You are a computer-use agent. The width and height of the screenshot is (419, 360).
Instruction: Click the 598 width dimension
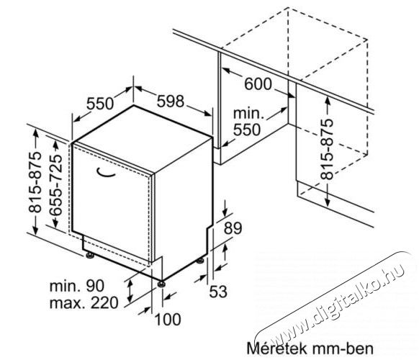(170, 101)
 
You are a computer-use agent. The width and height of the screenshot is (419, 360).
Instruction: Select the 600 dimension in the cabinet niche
(258, 84)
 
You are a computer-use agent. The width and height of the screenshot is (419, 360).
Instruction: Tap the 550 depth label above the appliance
(100, 104)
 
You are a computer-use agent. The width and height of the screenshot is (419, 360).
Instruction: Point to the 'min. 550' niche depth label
(248, 122)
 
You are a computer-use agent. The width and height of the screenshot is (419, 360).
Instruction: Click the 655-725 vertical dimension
(56, 185)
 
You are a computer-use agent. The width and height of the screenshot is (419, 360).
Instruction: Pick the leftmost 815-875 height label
(35, 182)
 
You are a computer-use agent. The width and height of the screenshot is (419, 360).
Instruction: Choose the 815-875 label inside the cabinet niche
(328, 149)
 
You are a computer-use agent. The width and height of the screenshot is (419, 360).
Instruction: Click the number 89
(233, 228)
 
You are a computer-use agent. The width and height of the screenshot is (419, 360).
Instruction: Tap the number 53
(218, 292)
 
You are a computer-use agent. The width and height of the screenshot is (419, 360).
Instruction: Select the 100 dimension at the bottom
(168, 320)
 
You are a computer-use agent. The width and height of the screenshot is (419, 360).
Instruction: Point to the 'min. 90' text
(77, 286)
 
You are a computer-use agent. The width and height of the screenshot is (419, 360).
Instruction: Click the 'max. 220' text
(84, 303)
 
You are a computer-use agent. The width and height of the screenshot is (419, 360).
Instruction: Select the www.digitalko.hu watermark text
(336, 300)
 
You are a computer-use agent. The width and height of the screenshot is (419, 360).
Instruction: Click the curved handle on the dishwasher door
(105, 173)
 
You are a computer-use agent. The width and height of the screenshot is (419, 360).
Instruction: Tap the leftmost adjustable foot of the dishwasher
(89, 255)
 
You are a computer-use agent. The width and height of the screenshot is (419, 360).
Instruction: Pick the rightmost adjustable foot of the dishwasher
(200, 261)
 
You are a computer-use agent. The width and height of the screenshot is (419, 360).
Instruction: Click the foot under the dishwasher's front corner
(161, 284)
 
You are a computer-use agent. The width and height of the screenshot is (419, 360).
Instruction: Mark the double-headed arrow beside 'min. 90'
(130, 291)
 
